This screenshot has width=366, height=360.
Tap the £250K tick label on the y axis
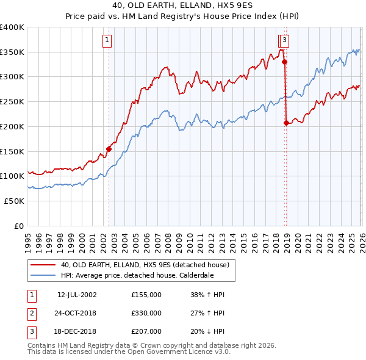pyautogui.click(x=12, y=102)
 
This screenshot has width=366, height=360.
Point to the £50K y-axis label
pyautogui.click(x=14, y=201)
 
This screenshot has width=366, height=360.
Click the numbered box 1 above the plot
pyautogui.click(x=107, y=41)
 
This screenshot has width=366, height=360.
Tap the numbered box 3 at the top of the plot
pyautogui.click(x=285, y=41)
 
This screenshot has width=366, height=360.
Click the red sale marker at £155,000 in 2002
pyautogui.click(x=109, y=149)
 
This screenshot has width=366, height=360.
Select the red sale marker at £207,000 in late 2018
pyautogui.click(x=286, y=123)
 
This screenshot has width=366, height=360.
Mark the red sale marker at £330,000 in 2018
pyautogui.click(x=284, y=62)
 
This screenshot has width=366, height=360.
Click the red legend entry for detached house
pyautogui.click(x=145, y=265)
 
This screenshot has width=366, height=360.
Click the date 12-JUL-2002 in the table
pyautogui.click(x=77, y=295)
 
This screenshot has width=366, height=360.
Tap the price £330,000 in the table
pyautogui.click(x=146, y=313)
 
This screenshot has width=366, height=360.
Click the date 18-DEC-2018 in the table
pyautogui.click(x=77, y=331)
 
